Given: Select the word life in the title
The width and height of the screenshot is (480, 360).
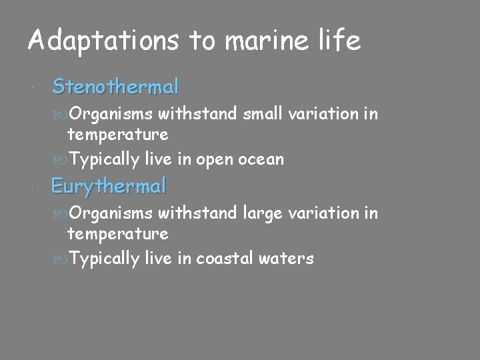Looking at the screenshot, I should [339, 41].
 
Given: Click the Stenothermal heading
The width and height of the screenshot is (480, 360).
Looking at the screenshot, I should [115, 87].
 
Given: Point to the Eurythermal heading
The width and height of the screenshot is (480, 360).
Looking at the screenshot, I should [108, 187].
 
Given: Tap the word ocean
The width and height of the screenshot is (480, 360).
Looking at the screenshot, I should [260, 159].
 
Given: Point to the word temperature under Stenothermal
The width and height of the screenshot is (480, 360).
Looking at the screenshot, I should [117, 135].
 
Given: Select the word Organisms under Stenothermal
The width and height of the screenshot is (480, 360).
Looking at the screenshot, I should [111, 115].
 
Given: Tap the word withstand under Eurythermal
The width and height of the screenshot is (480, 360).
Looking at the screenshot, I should [197, 213].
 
